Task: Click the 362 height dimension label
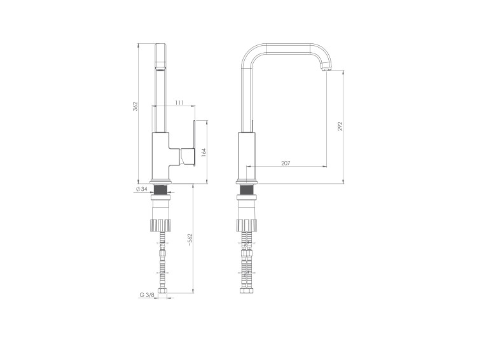(135, 106)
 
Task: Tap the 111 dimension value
(179, 103)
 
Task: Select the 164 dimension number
(204, 153)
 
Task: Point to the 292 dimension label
(340, 127)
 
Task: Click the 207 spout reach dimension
(286, 163)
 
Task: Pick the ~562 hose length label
(190, 240)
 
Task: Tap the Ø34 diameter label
(142, 190)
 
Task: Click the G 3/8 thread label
(147, 294)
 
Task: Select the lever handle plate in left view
(194, 143)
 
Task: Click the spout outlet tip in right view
(326, 70)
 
